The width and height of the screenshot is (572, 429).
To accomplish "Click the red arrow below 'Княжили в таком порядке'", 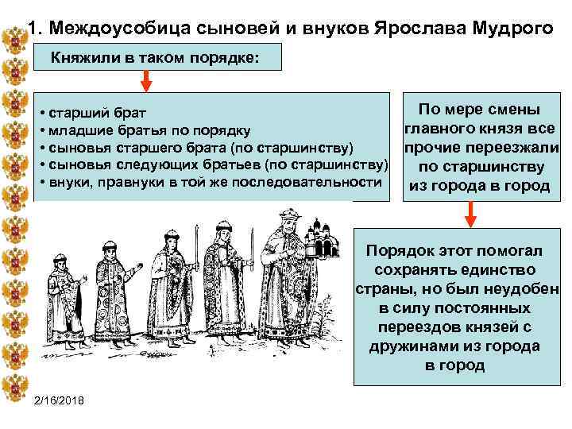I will tap(147, 81).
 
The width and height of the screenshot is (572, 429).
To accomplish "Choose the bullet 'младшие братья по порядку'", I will tap(148, 130).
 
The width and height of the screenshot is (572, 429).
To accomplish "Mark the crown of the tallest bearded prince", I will tap(290, 216).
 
